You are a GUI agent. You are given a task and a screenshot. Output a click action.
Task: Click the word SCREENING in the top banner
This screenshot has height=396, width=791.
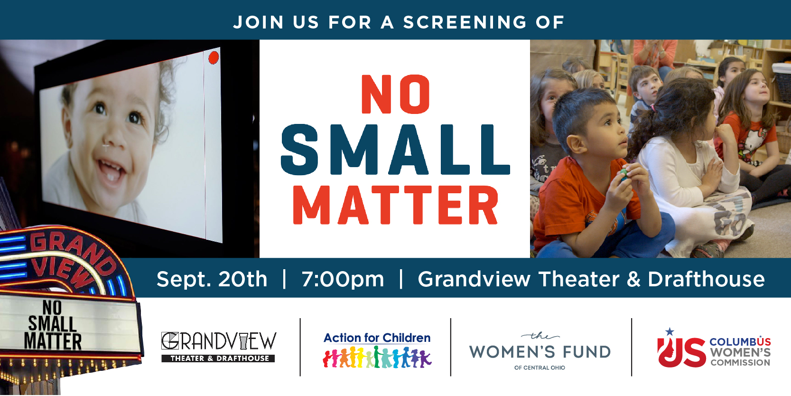tap(465, 22)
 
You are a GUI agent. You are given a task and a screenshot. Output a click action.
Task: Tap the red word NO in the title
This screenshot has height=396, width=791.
tap(395, 94)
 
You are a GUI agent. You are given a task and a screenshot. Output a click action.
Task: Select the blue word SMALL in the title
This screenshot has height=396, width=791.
tap(395, 150)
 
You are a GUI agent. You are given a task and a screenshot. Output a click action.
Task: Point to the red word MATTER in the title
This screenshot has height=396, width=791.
tap(395, 205)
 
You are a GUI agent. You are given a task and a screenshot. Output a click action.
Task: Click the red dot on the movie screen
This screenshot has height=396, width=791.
tap(214, 57)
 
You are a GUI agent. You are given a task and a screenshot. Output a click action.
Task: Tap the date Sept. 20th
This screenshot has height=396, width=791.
tap(212, 279)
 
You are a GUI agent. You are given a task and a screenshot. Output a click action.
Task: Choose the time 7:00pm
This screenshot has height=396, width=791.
tap(343, 279)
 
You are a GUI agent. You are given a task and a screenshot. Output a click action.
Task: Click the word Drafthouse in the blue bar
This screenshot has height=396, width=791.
tap(706, 279)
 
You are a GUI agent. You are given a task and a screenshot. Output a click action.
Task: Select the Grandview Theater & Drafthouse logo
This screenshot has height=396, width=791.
tap(219, 347)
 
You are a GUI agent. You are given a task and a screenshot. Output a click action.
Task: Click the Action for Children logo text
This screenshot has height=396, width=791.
tap(377, 338)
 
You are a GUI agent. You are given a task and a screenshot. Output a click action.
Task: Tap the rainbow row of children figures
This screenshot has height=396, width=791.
tap(377, 357)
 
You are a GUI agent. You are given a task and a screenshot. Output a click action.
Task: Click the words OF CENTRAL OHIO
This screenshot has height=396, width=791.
tap(540, 368)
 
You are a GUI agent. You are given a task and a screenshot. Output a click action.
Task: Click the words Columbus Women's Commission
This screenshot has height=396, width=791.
tap(740, 352)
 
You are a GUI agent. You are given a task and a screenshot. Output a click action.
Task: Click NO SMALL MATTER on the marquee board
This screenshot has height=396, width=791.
tap(53, 325)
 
